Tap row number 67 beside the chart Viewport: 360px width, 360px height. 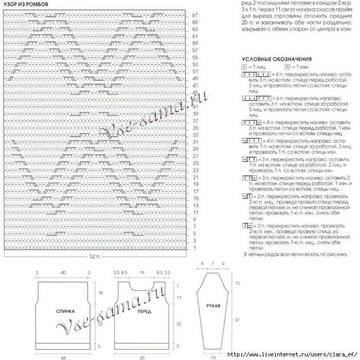tap(195, 15)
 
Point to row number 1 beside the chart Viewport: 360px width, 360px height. tap(195, 248)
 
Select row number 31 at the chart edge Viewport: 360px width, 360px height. tap(195, 142)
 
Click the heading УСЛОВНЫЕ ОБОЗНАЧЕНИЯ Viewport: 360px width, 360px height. tap(272, 59)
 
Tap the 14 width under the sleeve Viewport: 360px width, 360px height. tap(212, 356)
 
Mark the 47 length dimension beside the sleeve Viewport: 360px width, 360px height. tap(237, 320)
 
